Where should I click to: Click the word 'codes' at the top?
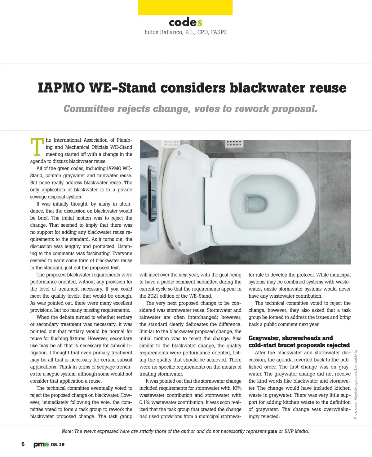click(185, 22)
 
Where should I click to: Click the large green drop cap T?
click(37, 147)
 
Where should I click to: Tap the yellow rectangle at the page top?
click(185, 7)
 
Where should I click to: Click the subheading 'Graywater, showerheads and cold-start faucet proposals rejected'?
click(299, 341)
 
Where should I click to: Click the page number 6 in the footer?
click(23, 444)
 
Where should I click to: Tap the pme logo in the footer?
click(41, 445)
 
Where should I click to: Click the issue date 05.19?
click(58, 445)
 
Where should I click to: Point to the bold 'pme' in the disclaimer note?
click(272, 431)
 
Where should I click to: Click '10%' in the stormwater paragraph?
click(236, 388)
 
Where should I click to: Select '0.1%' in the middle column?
click(145, 402)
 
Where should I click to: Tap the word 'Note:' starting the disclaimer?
click(67, 431)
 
